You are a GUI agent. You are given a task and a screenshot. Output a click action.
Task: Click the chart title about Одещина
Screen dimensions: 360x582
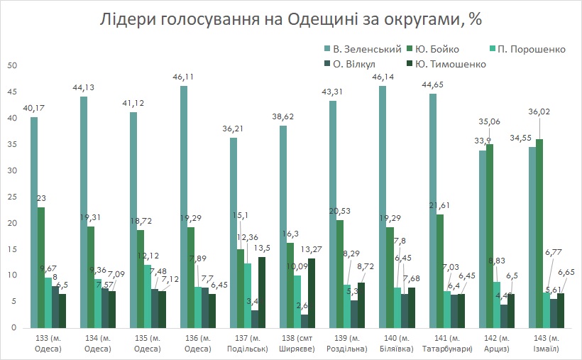coord(290,19)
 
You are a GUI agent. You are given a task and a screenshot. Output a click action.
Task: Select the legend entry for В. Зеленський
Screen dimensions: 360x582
coord(362,49)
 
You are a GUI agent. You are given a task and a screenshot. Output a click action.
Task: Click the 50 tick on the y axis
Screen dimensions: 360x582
coord(11,66)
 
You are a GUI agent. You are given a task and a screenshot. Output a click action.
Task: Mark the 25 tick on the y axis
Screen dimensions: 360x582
coord(11,197)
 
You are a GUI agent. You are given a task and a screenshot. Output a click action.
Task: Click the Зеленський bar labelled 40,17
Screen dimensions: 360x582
coord(33,222)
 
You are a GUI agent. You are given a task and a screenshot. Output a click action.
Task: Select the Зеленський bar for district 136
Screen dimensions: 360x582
coord(184,207)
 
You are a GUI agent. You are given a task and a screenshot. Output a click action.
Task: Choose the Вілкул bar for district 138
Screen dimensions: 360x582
coord(304,321)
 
